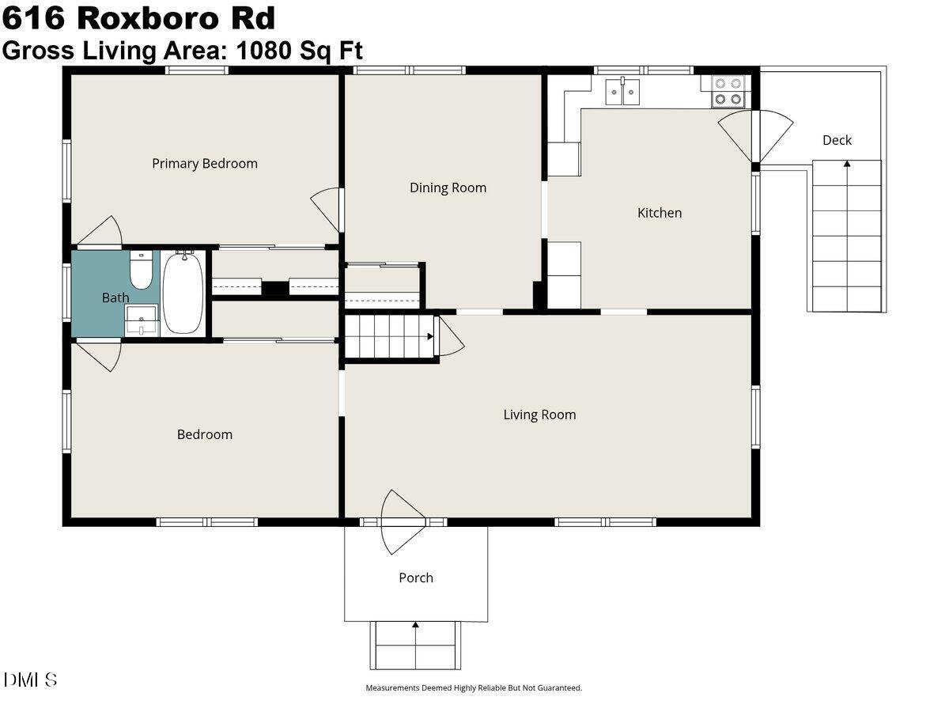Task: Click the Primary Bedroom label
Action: point(205,164)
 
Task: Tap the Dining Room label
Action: point(448,188)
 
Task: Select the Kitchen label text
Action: point(659,213)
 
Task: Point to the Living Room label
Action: point(539,415)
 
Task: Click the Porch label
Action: point(415,578)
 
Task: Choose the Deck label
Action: point(837,141)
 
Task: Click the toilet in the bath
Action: point(141,270)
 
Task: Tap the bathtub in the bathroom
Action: point(183,292)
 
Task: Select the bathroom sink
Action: point(142,320)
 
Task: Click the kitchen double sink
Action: point(622,91)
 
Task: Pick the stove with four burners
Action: point(728,91)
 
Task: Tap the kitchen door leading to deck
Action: point(755,136)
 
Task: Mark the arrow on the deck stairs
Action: point(847,165)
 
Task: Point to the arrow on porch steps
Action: point(415,625)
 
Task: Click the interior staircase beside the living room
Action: point(388,336)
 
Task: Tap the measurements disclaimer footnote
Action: point(473,688)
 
